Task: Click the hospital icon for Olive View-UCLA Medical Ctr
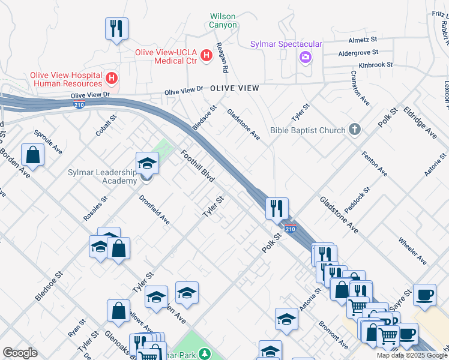point(206,56)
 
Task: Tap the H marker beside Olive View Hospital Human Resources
point(111,77)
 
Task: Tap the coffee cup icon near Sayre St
point(425,295)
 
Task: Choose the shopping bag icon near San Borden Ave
point(32,155)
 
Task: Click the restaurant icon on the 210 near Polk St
point(277,208)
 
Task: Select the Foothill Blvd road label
point(197,166)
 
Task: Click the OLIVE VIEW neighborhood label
point(235,88)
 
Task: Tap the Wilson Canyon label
point(223,20)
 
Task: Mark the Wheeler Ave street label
point(412,251)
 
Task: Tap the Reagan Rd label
point(222,58)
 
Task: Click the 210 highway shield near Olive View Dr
point(79,105)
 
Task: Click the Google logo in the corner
point(20,353)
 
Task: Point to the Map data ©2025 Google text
point(412,355)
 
